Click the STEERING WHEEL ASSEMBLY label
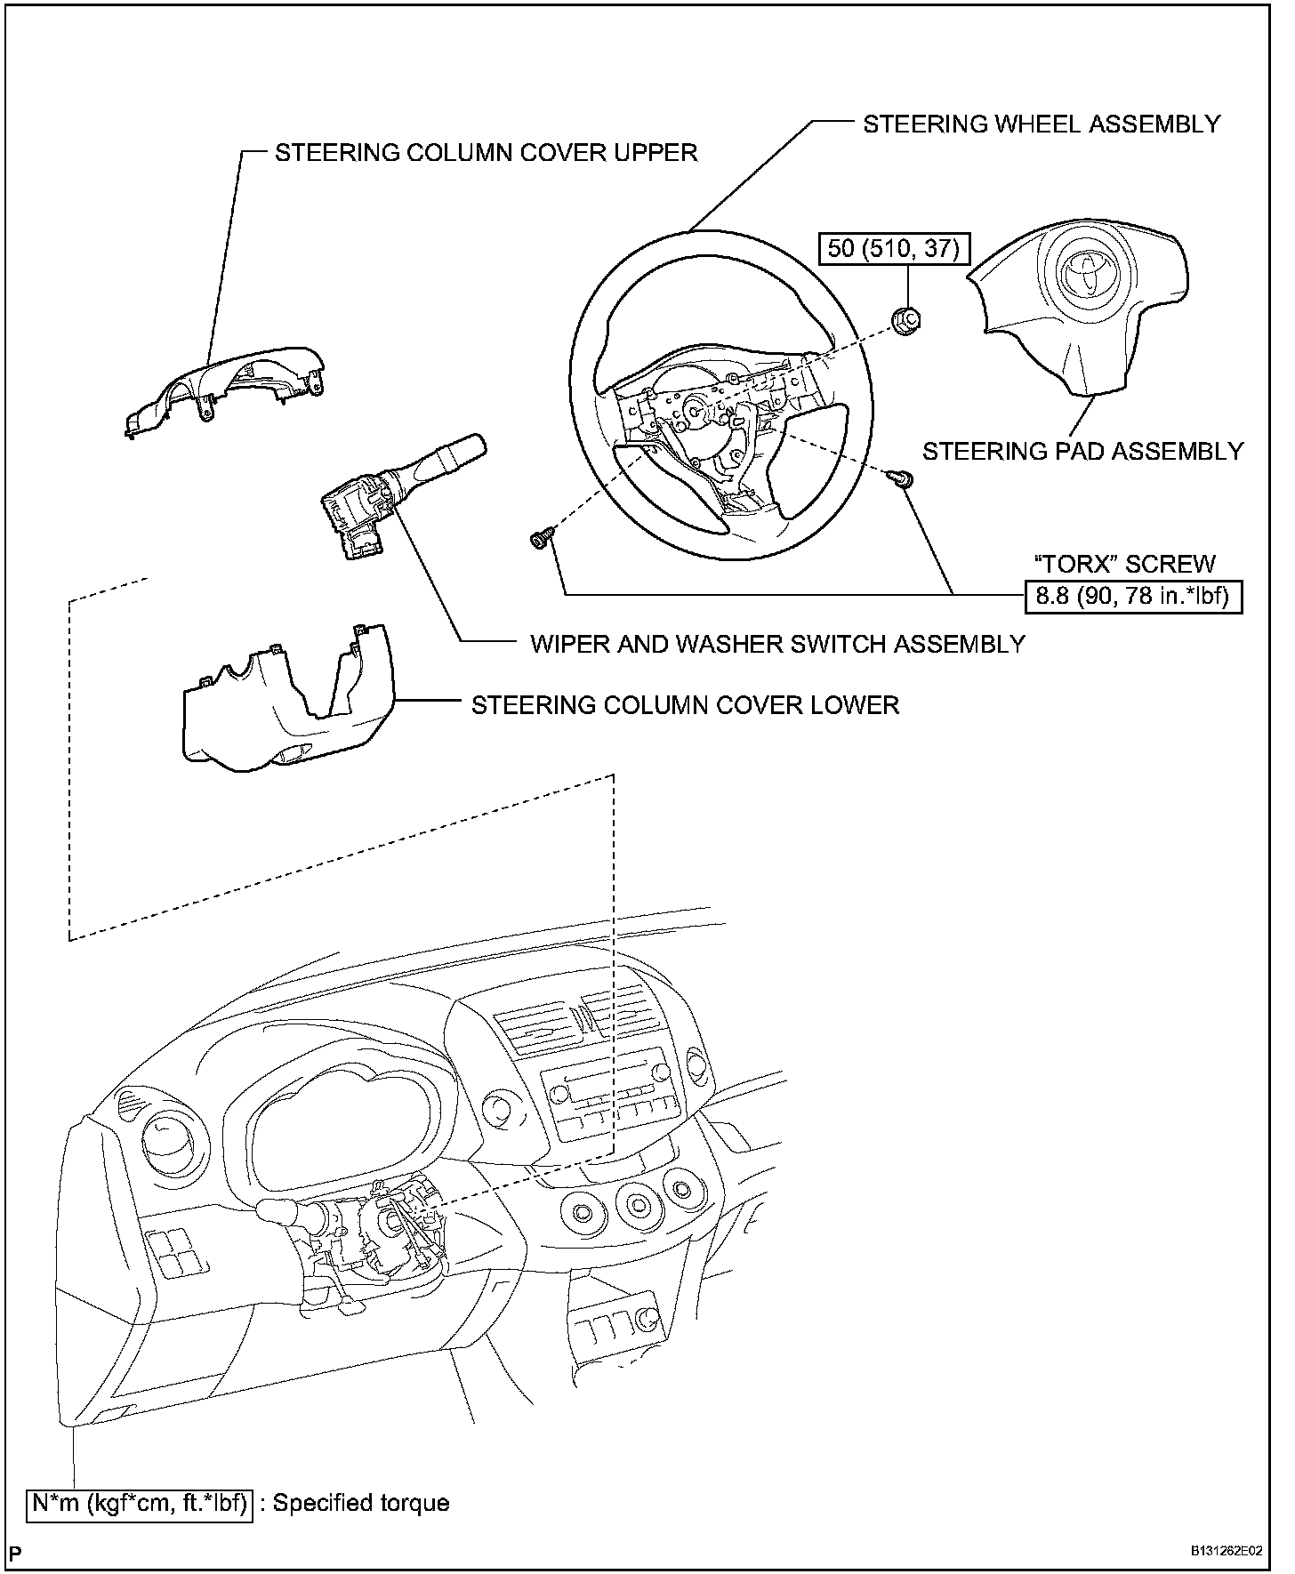tap(1042, 124)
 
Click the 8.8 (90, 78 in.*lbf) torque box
tap(1134, 596)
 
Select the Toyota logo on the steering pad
tap(1085, 272)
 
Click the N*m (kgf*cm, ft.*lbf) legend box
tap(140, 1504)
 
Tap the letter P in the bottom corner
tap(16, 1554)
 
